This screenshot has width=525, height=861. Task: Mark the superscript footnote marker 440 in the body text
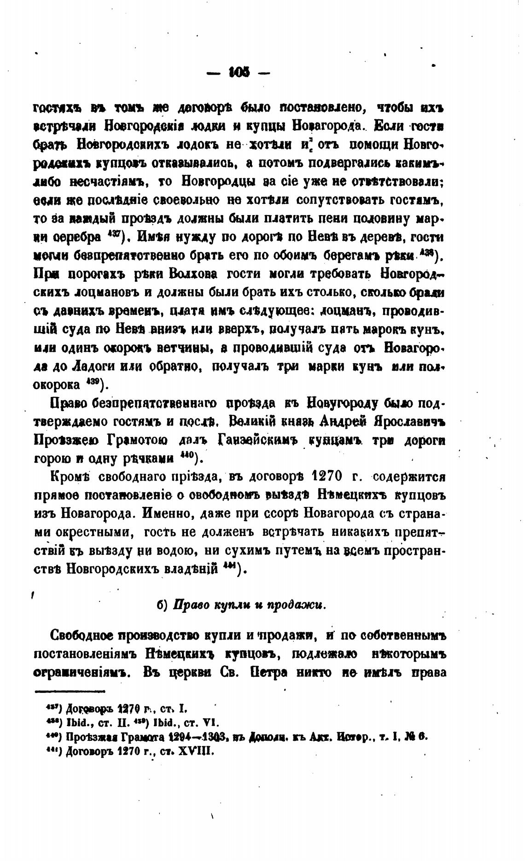(186, 456)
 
